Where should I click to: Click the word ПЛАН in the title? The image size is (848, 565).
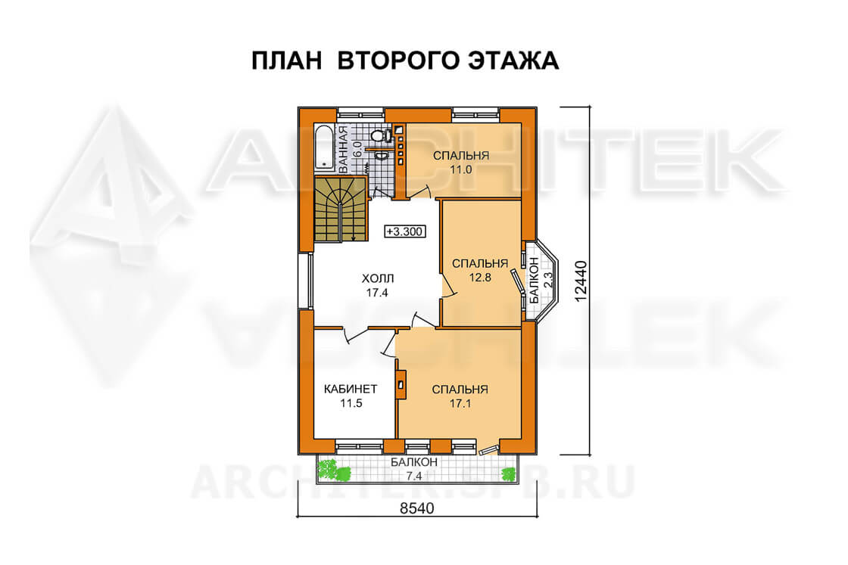(287, 61)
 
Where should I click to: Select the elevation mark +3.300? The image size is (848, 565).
(404, 231)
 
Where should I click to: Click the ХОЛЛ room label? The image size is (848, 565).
(378, 279)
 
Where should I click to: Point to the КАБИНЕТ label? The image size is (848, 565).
(351, 389)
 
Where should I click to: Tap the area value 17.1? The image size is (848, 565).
(460, 403)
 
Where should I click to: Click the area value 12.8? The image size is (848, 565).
(480, 278)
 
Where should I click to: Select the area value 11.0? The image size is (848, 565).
(461, 169)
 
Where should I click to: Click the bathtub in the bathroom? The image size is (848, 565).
(325, 147)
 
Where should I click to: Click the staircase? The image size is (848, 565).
(341, 210)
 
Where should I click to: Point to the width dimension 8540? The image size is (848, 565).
(416, 508)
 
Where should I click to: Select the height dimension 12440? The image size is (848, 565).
(580, 281)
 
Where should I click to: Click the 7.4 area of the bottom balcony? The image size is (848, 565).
(413, 476)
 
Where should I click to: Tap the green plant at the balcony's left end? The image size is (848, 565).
(334, 469)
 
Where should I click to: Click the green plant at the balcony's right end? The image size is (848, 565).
(508, 474)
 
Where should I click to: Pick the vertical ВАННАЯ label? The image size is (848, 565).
(343, 150)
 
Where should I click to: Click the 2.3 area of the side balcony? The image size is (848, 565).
(547, 281)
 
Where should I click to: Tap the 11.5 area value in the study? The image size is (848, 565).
(351, 403)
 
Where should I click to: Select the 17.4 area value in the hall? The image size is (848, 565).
(377, 293)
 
